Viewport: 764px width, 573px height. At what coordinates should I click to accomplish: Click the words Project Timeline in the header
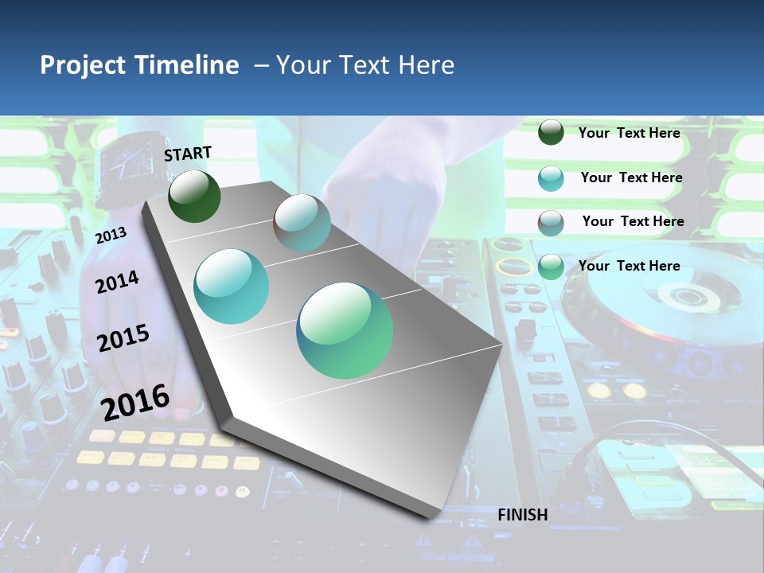(139, 65)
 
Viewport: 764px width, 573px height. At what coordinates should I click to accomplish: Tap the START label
(188, 154)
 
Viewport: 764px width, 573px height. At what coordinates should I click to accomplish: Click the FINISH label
(523, 515)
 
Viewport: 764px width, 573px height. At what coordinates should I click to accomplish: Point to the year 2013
(111, 235)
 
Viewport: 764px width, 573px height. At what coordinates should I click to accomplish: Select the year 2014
(117, 282)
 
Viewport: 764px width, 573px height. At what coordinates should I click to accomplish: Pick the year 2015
(123, 338)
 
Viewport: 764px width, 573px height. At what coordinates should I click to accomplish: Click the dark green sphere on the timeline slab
(194, 196)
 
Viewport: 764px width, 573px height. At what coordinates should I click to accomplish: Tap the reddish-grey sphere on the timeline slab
(302, 223)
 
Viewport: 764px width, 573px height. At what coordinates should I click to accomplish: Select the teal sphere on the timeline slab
(232, 286)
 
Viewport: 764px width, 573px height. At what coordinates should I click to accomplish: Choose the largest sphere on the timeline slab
(345, 330)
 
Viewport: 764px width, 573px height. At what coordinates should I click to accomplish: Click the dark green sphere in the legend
(551, 132)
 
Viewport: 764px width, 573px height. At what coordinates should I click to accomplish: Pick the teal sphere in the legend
(551, 178)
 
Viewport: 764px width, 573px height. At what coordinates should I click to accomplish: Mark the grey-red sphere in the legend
(551, 223)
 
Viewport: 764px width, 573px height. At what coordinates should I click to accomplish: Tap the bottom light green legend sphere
(551, 267)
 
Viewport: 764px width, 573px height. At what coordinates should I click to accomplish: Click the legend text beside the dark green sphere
(629, 133)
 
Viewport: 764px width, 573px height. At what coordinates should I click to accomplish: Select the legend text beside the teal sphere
(631, 177)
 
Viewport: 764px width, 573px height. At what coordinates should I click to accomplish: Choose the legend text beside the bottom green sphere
(629, 266)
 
